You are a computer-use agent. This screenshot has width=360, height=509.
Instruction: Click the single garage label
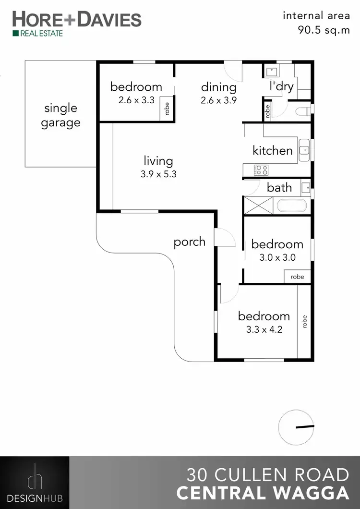click(x=60, y=115)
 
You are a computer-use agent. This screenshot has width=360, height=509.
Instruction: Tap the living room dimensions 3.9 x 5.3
click(x=158, y=174)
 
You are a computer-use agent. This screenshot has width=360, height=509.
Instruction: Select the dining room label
click(x=218, y=87)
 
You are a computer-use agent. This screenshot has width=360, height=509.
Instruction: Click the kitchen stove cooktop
click(x=261, y=170)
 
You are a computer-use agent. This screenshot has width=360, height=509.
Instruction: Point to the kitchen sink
click(x=304, y=150)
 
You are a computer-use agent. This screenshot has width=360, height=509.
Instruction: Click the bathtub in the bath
click(x=292, y=206)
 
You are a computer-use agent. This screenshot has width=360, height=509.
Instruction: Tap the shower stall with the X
click(x=258, y=206)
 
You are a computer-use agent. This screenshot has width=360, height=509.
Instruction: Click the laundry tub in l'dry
click(x=272, y=72)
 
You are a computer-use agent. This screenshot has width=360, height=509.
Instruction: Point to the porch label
click(x=190, y=242)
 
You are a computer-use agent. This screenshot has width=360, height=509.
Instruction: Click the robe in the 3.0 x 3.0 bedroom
click(x=297, y=277)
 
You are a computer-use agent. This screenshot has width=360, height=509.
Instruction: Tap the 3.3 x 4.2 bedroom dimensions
click(x=264, y=330)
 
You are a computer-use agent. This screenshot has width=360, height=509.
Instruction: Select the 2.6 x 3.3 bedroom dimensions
click(x=136, y=100)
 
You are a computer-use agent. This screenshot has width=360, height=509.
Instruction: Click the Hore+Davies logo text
click(x=77, y=20)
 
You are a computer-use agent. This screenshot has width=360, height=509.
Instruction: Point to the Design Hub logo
click(x=35, y=482)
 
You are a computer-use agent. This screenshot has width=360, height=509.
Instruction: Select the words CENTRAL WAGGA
click(x=263, y=493)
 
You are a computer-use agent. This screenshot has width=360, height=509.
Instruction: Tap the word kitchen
click(x=273, y=150)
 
